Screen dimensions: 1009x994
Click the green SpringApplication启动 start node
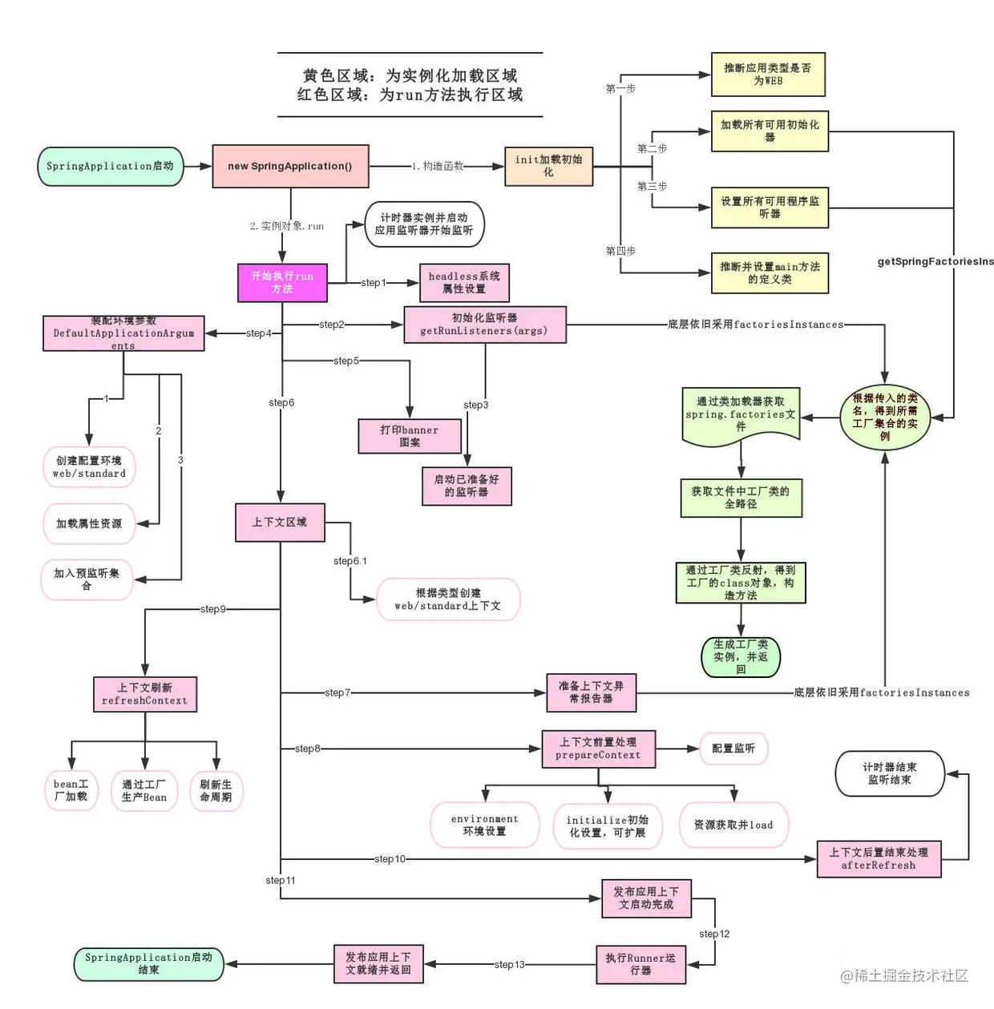pyautogui.click(x=111, y=167)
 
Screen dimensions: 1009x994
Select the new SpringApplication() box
pyautogui.click(x=290, y=167)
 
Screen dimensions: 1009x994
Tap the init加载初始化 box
pyautogui.click(x=548, y=166)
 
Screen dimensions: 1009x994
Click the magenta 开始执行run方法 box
pyautogui.click(x=282, y=283)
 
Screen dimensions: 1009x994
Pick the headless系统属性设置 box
pyautogui.click(x=464, y=283)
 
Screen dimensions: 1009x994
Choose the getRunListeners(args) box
pyautogui.click(x=484, y=325)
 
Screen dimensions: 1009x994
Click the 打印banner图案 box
pyautogui.click(x=410, y=436)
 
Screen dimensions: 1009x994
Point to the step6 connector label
pyautogui.click(x=281, y=402)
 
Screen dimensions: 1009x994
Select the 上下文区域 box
pyautogui.click(x=280, y=522)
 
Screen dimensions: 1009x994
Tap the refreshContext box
pyautogui.click(x=145, y=694)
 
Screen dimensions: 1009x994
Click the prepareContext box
pyautogui.click(x=598, y=749)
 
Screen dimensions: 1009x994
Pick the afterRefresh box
pyautogui.click(x=879, y=859)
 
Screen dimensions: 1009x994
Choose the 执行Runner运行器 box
pyautogui.click(x=640, y=964)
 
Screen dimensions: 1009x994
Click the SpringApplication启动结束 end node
pyautogui.click(x=149, y=964)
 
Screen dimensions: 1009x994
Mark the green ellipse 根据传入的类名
pyautogui.click(x=885, y=417)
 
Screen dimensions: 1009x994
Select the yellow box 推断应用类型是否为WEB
pyautogui.click(x=768, y=75)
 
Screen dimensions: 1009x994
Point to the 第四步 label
pyautogui.click(x=620, y=251)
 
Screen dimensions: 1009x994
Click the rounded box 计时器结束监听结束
pyautogui.click(x=890, y=773)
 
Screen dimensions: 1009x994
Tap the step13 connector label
pyautogui.click(x=510, y=965)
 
